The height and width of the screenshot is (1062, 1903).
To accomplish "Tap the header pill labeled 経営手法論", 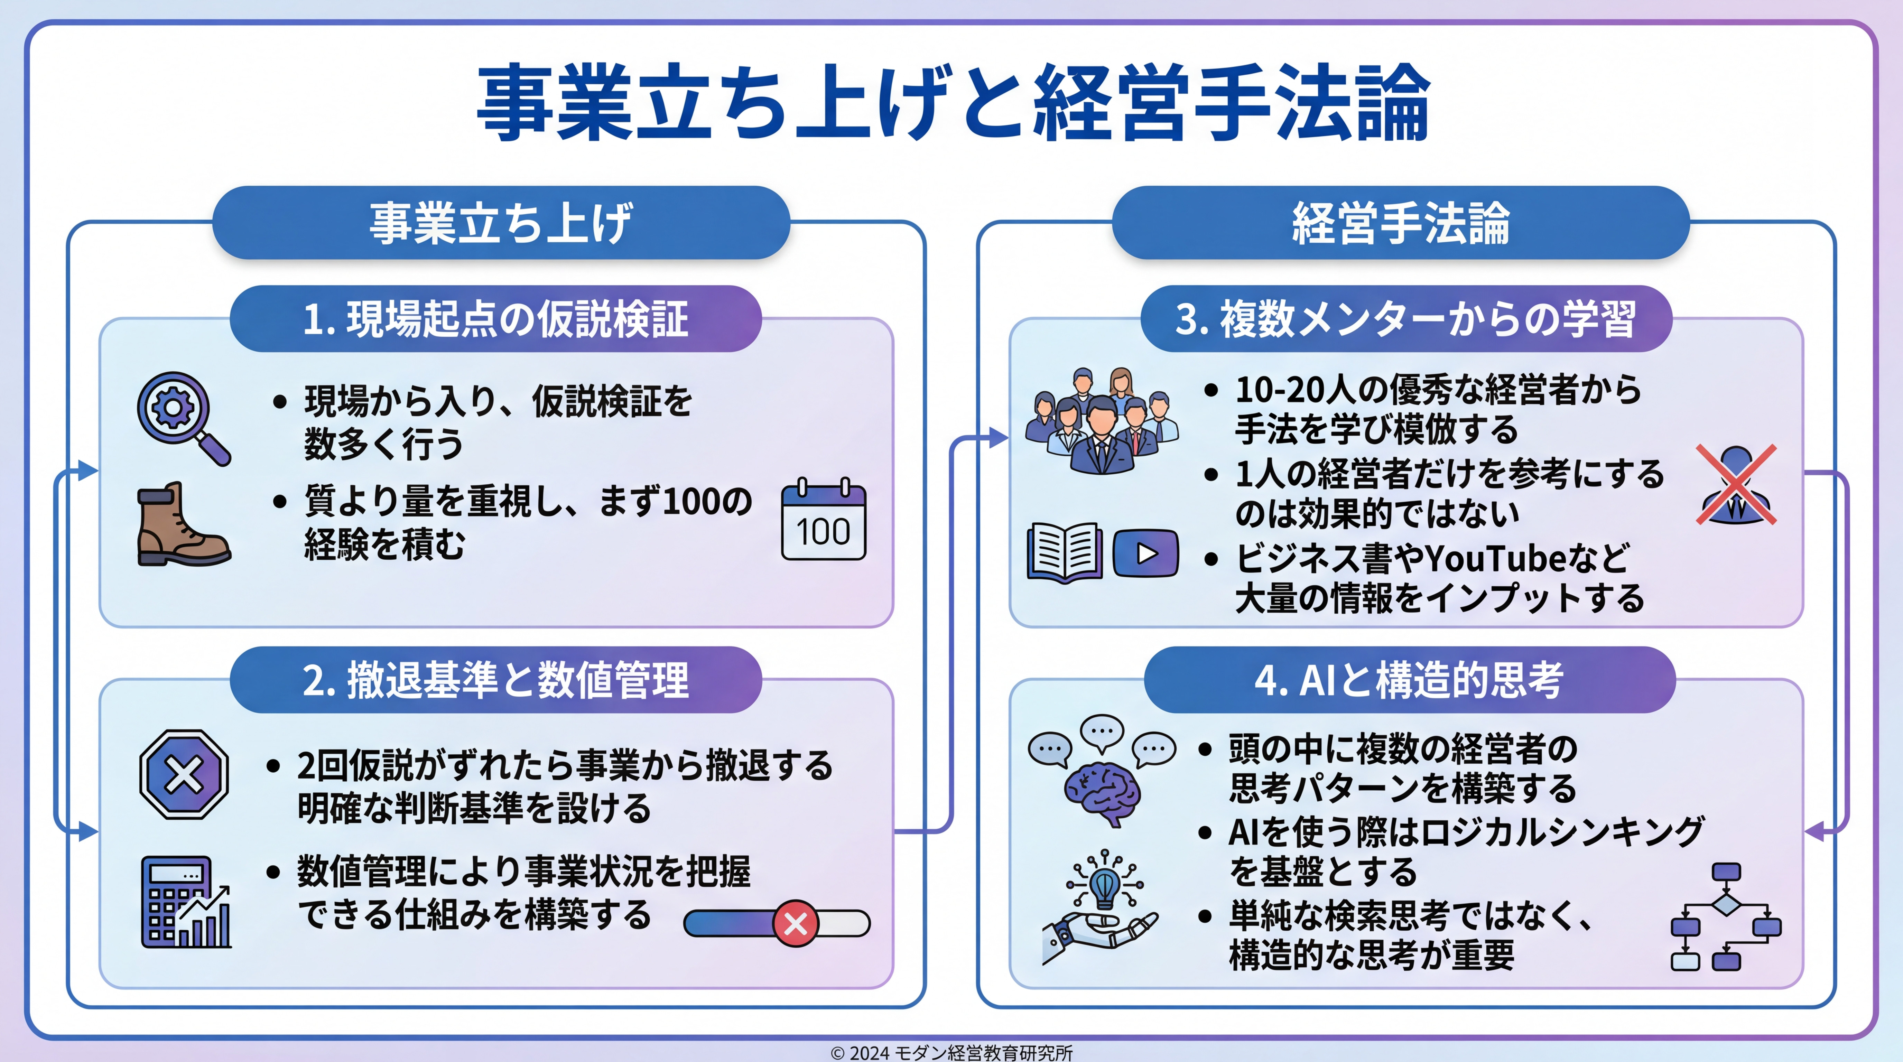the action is (1401, 222).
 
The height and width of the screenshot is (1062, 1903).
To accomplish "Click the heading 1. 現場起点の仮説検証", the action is (496, 319).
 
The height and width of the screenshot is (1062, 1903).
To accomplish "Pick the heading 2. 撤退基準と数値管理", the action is (496, 679).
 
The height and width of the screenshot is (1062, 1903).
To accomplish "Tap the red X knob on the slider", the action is (796, 923).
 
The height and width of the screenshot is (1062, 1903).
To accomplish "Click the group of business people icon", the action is (1102, 420).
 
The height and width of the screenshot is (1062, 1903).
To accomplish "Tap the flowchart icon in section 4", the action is (1726, 916).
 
